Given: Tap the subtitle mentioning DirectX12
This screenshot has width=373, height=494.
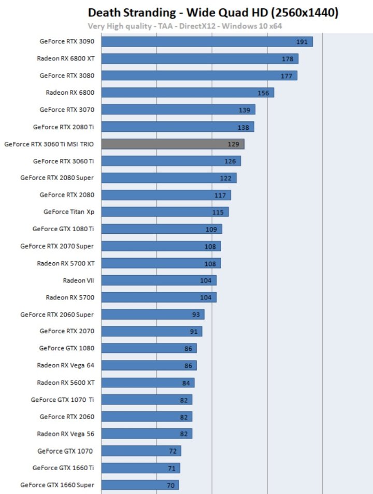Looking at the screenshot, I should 185,26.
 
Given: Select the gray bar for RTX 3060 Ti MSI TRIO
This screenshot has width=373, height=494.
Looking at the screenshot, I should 173,144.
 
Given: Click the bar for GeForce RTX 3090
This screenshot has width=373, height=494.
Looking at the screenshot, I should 207,41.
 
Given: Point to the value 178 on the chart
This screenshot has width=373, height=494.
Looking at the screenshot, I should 288,59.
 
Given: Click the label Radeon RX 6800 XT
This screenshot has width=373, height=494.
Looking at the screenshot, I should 65,58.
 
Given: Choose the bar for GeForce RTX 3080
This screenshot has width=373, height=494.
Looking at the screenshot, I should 199,76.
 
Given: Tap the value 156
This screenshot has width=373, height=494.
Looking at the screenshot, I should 263,93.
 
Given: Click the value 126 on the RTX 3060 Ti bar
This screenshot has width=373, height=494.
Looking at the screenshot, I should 230,161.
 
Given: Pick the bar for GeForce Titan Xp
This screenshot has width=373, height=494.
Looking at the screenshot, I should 165,212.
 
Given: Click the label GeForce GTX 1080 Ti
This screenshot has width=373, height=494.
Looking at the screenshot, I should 63,229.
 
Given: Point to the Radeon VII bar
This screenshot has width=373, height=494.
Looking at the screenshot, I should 159,280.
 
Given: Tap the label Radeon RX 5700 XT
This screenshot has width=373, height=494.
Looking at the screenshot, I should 65,263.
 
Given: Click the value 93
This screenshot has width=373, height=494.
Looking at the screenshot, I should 196,315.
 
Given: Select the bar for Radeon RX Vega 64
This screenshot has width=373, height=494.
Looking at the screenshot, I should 149,366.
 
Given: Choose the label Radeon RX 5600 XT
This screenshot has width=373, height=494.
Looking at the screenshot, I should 65,382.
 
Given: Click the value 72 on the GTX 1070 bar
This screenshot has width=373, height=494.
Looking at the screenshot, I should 173,451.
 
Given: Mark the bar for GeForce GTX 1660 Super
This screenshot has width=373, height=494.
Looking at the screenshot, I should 140,485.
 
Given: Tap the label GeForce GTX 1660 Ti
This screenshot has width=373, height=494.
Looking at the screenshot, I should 63,468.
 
